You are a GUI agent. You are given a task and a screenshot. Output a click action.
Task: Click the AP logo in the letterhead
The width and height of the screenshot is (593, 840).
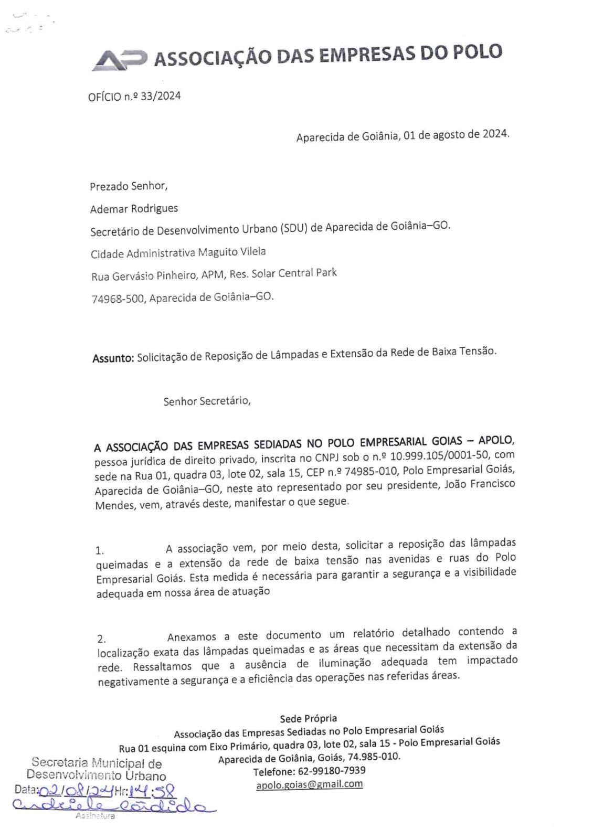[119, 60]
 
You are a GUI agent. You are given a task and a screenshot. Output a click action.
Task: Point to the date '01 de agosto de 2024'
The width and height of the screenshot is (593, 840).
[456, 134]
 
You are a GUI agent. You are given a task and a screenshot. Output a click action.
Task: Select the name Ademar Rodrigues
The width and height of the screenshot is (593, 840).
[134, 208]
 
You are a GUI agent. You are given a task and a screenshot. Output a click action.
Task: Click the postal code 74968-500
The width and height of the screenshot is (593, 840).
[118, 299]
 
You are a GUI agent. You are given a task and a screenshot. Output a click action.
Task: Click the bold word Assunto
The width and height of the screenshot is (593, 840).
[113, 358]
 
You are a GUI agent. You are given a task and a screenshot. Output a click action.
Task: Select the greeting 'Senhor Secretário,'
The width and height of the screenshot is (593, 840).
[207, 401]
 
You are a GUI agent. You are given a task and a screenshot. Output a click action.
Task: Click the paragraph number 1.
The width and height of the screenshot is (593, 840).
[100, 550]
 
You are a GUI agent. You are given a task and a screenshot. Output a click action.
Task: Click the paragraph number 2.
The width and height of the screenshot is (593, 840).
[101, 639]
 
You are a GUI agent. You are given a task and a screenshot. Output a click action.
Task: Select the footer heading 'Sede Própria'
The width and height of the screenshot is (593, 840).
[308, 718]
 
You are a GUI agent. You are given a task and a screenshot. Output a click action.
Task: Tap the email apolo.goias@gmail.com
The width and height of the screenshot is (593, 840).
[309, 784]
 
